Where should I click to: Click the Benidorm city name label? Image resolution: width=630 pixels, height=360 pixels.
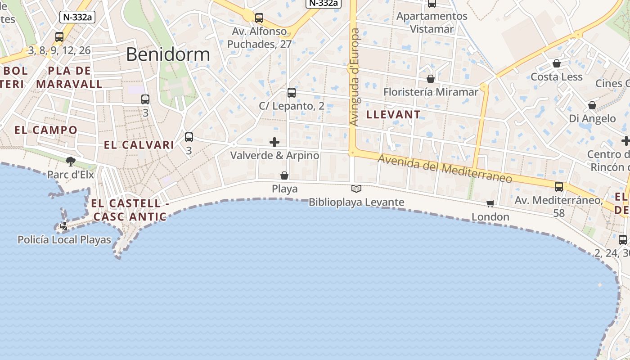tap(168, 54)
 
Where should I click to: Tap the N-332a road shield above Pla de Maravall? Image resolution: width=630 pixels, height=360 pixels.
tap(77, 17)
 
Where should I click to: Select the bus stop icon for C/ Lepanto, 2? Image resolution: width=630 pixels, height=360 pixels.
tap(292, 93)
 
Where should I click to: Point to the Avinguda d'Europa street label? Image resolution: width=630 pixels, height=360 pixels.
tap(355, 77)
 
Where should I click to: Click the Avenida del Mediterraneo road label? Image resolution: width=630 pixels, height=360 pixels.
tap(445, 169)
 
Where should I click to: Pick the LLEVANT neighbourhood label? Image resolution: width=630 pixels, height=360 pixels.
tap(393, 115)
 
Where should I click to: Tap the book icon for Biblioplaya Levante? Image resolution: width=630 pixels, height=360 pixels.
tap(356, 189)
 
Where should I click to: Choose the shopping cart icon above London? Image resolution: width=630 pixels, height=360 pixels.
tap(490, 203)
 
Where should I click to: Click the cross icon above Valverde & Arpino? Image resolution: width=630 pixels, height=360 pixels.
tap(274, 142)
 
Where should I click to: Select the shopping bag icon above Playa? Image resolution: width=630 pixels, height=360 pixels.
tap(284, 175)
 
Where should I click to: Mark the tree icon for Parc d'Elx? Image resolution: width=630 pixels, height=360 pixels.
tap(70, 161)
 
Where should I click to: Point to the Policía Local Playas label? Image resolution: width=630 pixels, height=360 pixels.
tap(64, 240)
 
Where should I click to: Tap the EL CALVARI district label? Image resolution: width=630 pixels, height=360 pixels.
tap(139, 145)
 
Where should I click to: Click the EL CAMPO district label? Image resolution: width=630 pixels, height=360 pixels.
tap(46, 130)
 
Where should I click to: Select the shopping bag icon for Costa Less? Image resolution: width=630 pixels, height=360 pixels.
tap(557, 63)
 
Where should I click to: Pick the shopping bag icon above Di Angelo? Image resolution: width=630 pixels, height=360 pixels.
tap(592, 105)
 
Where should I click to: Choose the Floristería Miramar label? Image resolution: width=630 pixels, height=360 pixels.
tap(431, 92)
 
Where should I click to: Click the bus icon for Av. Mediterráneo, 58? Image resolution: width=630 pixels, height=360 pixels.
tap(559, 186)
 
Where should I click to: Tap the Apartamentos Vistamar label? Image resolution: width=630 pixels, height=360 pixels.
tap(432, 22)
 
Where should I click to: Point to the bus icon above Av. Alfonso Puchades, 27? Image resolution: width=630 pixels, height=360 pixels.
tap(259, 18)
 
